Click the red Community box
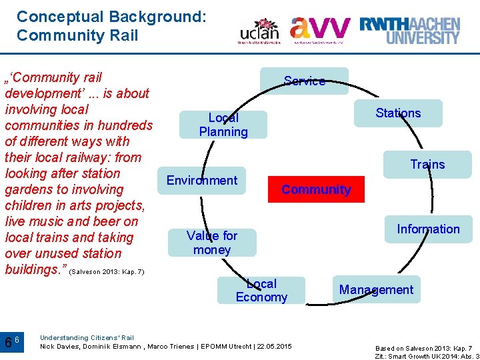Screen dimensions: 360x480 pos(316,189)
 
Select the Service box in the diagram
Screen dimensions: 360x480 pos(304,81)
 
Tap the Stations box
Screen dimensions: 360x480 pos(398,113)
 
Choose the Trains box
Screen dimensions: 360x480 pos(427,164)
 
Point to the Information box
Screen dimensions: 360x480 pos(428,229)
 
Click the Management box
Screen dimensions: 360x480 pos(376,289)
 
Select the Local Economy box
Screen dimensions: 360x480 pos(261,291)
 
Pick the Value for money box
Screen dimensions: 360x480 pos(212,243)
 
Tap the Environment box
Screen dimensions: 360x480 pos(201,180)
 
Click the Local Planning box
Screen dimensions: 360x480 pos(223,125)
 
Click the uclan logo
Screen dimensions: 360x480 pos(259,31)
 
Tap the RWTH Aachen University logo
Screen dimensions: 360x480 pos(409,30)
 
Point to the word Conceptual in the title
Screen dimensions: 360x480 pos(59,16)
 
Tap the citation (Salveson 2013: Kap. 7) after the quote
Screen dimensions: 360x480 pos(107,272)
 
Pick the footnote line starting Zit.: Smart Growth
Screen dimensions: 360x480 pos(427,356)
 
